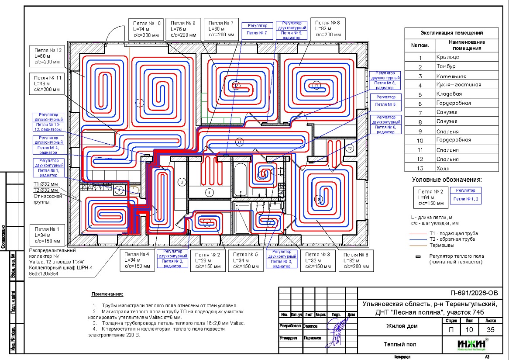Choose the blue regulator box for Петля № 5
tap(385, 101)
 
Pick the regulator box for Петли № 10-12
tap(48, 124)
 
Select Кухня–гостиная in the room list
tap(458, 85)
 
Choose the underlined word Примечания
tap(107, 294)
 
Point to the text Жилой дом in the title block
tap(402, 326)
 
